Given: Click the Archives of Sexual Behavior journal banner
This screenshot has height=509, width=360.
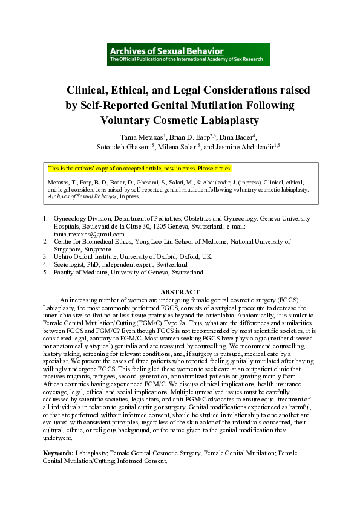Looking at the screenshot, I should (x=188, y=54).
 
